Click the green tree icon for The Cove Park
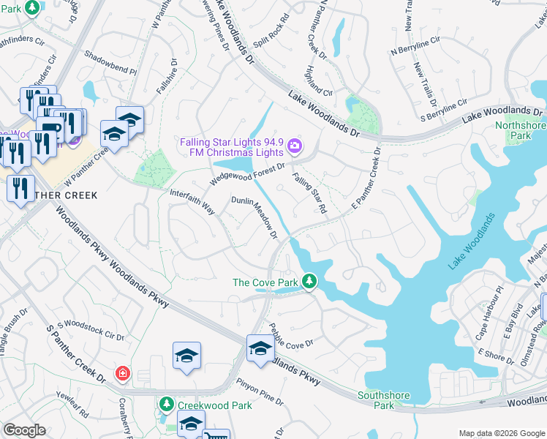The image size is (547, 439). tap(310, 282)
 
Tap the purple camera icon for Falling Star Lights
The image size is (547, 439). tap(294, 146)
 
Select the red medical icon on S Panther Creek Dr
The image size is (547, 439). tap(122, 374)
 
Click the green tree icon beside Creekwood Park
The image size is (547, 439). tap(167, 405)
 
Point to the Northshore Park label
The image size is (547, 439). tap(520, 130)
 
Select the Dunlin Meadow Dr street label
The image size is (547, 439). tap(254, 217)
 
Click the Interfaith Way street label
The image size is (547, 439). tap(192, 202)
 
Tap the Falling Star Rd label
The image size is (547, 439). tap(309, 193)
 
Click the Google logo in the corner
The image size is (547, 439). tap(24, 430)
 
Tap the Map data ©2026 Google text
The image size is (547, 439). tap(501, 433)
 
